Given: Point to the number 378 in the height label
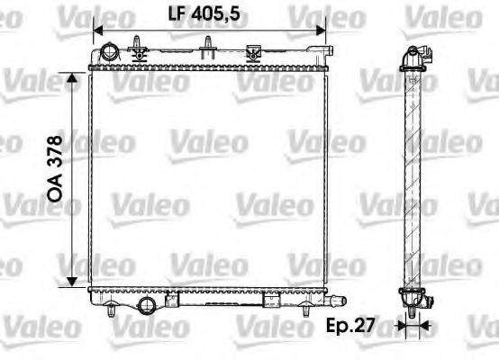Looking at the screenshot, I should point(55,153).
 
